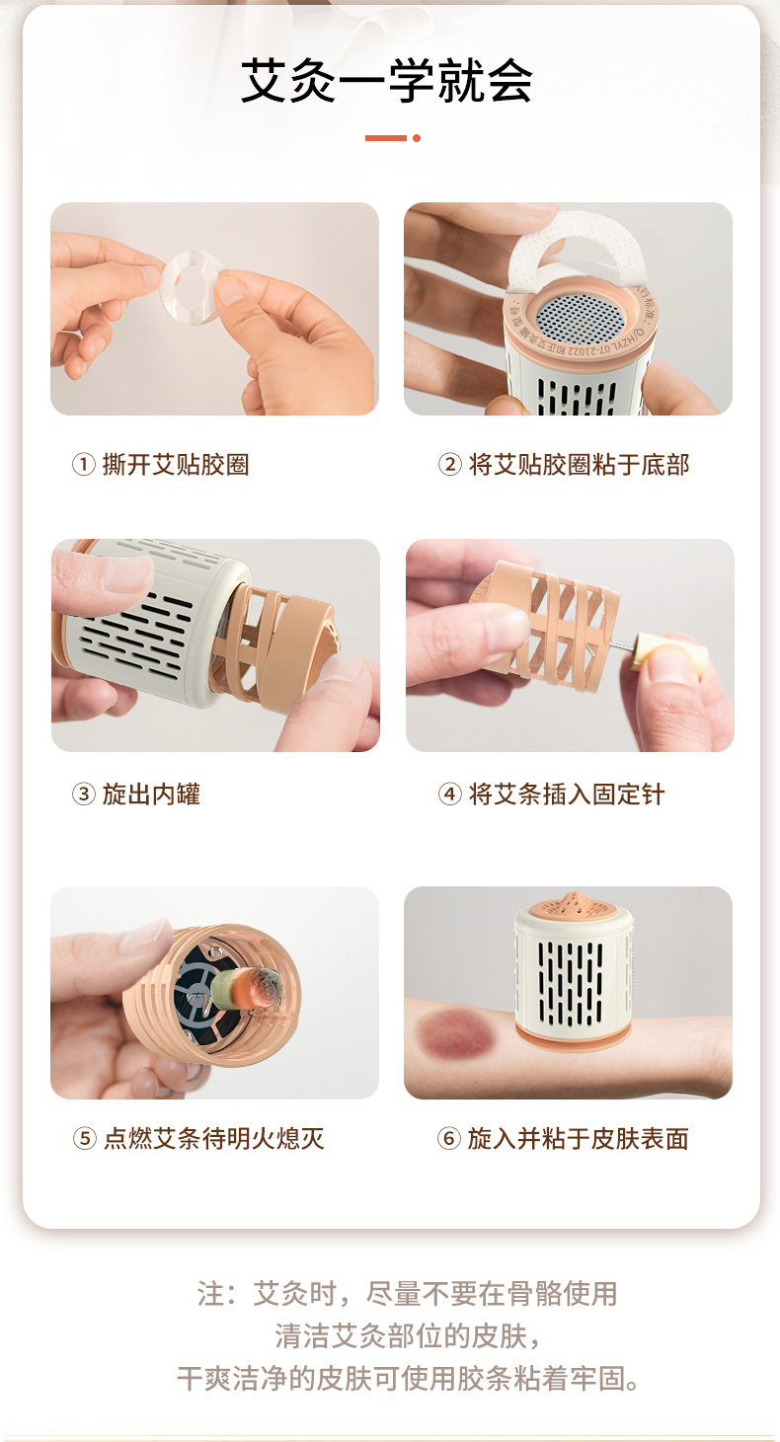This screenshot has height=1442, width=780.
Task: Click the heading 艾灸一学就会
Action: (386, 81)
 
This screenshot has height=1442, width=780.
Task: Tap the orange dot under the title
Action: (417, 138)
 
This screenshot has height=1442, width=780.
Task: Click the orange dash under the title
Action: (386, 138)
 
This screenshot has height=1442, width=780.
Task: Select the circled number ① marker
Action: (84, 464)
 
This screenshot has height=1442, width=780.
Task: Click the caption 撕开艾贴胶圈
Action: (176, 464)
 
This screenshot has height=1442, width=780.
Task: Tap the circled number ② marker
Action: (449, 464)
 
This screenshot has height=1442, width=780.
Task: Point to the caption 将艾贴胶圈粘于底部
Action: (579, 464)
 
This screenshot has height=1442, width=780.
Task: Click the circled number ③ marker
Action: (84, 794)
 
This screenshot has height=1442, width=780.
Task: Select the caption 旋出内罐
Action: (151, 794)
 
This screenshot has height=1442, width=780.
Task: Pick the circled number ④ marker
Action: (449, 794)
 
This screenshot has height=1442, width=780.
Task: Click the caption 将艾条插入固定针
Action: (567, 794)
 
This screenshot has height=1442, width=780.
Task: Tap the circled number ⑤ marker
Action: (84, 1138)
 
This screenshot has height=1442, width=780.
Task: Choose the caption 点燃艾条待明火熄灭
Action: (214, 1138)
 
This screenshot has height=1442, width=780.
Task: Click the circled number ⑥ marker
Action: (449, 1138)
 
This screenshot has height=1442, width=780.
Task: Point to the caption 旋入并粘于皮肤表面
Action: (579, 1138)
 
